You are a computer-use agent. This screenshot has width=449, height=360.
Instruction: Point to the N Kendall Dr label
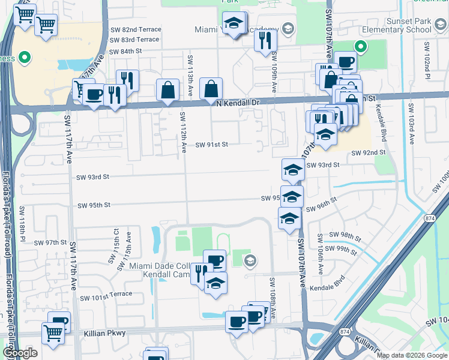click(238, 103)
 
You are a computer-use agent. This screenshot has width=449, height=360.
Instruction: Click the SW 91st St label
click(212, 145)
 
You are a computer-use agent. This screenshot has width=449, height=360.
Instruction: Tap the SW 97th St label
click(50, 243)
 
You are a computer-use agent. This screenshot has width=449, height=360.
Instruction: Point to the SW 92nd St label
click(369, 153)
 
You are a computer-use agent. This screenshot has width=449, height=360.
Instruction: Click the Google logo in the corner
click(20, 353)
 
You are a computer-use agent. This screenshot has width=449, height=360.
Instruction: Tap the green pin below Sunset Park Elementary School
click(360, 46)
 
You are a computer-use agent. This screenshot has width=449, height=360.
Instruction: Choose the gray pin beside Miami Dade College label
click(250, 260)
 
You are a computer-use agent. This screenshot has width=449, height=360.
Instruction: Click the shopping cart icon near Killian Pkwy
click(53, 332)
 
